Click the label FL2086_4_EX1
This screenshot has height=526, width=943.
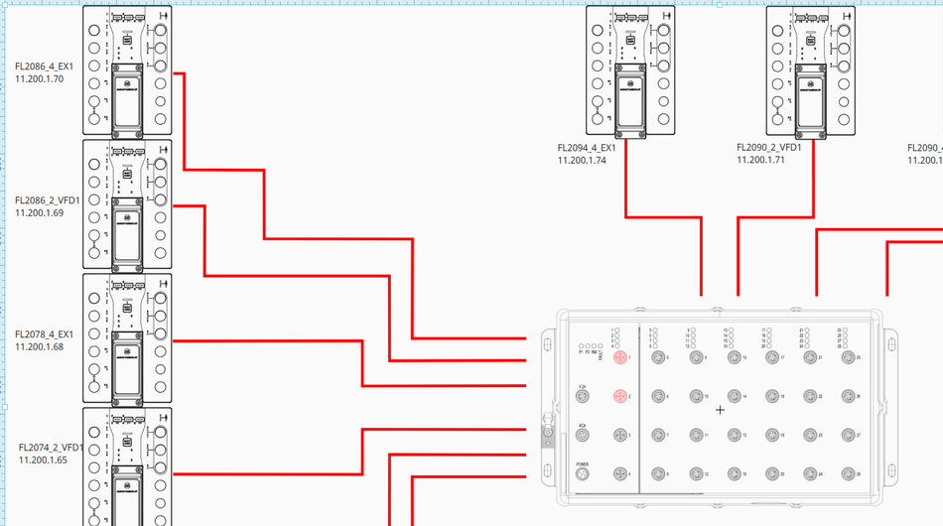[45, 66]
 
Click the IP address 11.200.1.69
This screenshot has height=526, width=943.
[40, 212]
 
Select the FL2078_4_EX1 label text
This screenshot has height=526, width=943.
[45, 334]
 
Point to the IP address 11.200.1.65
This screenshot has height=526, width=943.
[43, 460]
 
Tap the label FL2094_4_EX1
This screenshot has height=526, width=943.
[587, 148]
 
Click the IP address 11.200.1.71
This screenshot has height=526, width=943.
[760, 159]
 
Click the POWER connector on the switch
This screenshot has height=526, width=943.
[583, 474]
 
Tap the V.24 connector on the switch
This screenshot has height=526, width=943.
[583, 396]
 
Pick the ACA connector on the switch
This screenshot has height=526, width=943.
[583, 436]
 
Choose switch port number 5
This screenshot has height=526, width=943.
[656, 357]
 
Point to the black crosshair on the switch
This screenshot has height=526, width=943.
[721, 409]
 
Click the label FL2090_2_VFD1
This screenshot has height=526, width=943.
[768, 147]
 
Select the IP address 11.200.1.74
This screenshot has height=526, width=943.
[581, 160]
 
